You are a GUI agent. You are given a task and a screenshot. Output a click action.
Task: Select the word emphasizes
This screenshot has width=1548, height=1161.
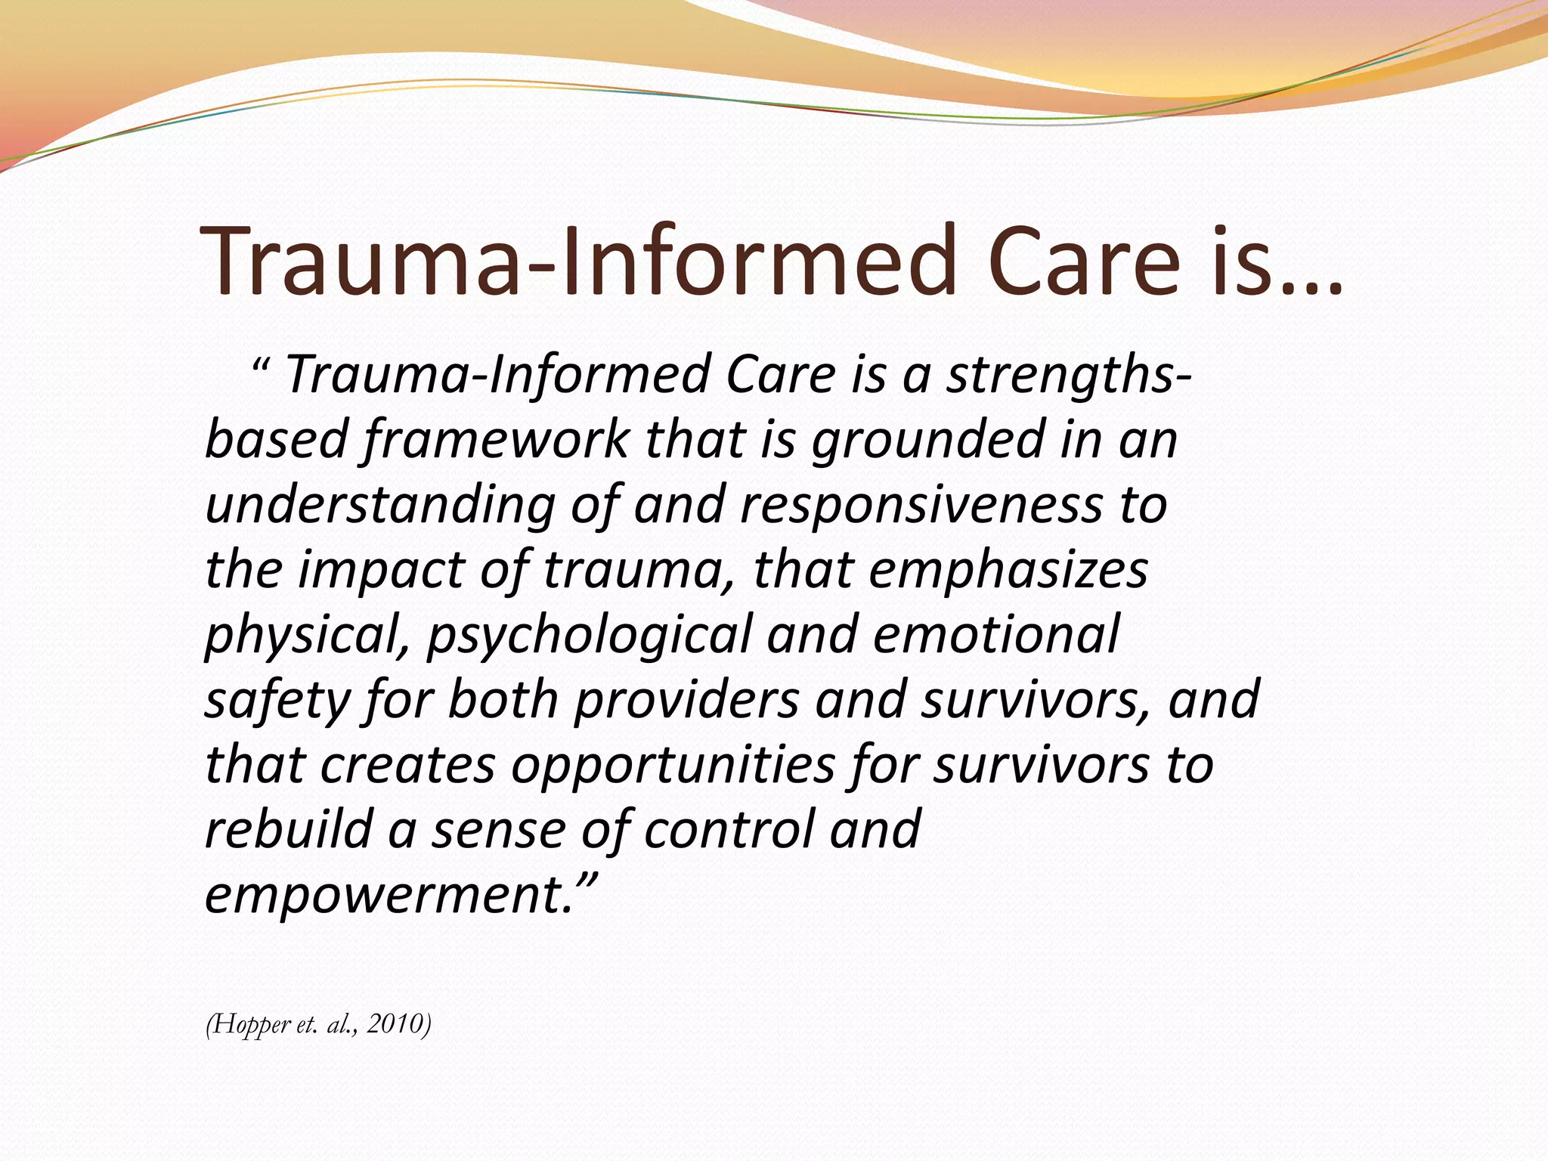point(1008,570)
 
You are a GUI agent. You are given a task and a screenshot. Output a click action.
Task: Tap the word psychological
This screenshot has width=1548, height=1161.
point(589,635)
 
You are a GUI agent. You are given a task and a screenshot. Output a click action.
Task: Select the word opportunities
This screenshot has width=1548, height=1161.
point(673,765)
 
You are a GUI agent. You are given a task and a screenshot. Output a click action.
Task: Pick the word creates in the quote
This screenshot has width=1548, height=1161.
point(407,765)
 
